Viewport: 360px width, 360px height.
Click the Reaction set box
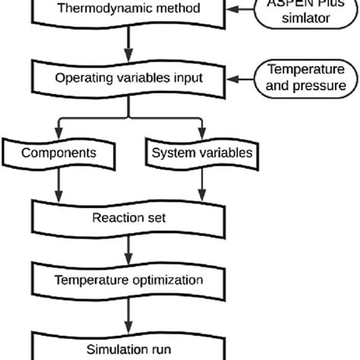pos(128,218)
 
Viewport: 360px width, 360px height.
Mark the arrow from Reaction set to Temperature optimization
pos(128,248)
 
